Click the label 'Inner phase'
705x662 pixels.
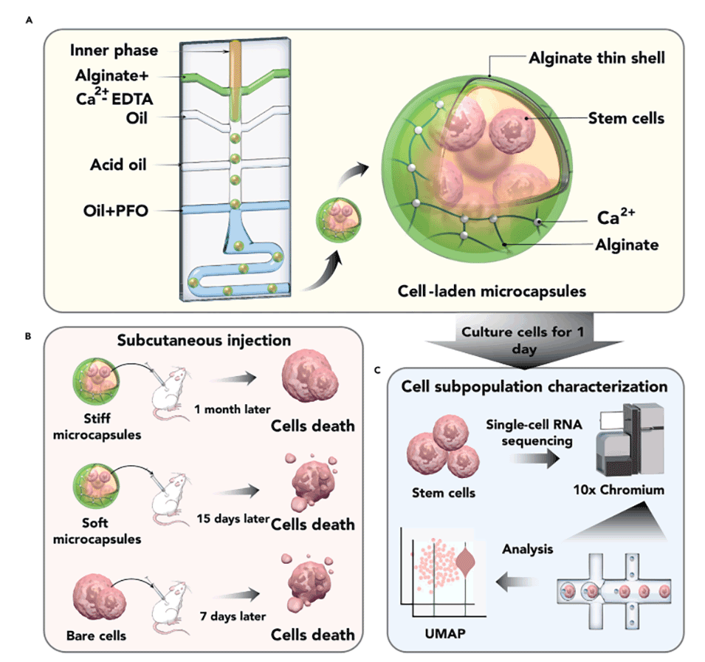tap(114, 51)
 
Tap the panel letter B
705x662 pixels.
tap(28, 336)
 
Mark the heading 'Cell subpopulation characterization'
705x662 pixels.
tap(535, 386)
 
